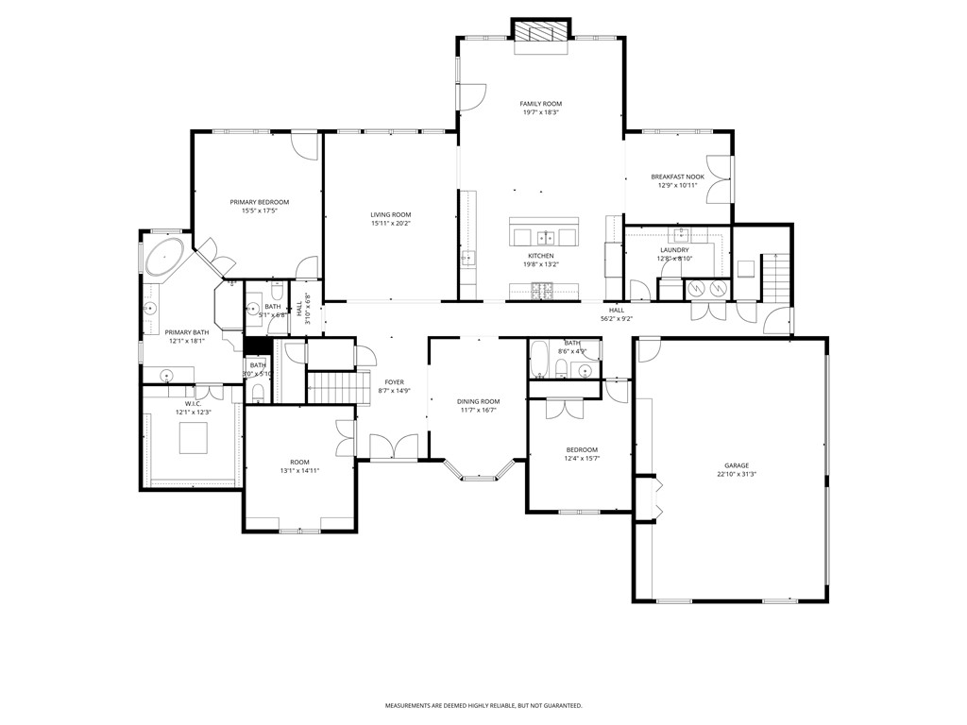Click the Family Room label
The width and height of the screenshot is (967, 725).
point(541,103)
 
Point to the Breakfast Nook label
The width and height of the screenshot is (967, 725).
point(677,177)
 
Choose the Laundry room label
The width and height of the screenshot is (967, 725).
point(674,250)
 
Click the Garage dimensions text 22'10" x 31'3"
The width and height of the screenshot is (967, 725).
point(737,474)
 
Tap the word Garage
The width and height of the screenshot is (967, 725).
point(737,465)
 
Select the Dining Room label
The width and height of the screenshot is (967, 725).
point(479,401)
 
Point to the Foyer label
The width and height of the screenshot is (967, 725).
point(394,382)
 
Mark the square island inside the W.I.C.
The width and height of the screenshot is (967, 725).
point(194,438)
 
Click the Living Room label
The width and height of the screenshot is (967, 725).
point(390,215)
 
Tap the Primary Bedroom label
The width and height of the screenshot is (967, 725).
point(260,202)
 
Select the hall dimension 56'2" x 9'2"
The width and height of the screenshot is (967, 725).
point(617,319)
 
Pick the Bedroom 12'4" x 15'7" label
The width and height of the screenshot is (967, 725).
point(581,449)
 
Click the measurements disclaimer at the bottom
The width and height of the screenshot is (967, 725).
point(483,705)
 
